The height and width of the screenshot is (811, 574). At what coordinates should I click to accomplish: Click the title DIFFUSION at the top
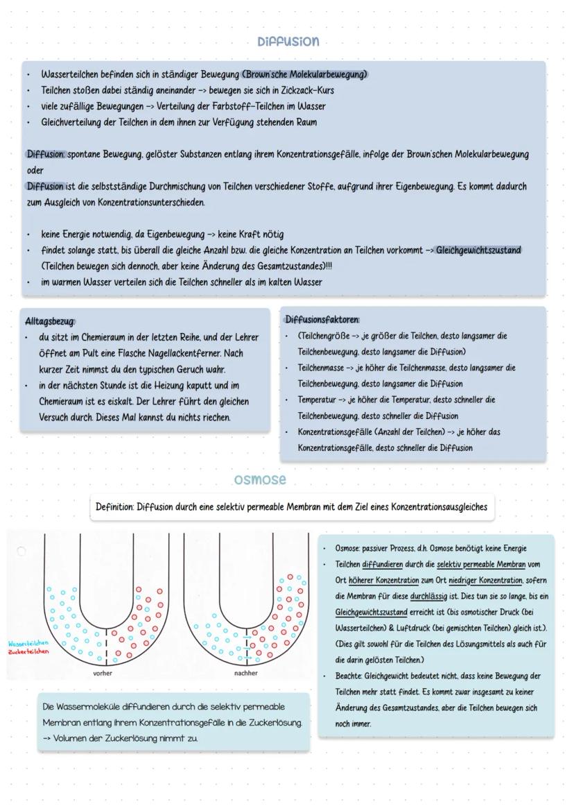coord(288,42)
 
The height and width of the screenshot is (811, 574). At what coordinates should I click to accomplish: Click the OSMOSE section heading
coord(260,480)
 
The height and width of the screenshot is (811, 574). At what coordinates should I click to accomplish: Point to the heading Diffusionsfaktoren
coord(322,320)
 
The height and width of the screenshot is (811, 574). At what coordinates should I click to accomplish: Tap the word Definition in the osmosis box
coord(114,507)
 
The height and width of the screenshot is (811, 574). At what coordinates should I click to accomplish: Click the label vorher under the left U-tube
coord(103,673)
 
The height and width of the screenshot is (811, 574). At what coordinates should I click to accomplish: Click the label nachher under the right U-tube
coord(245,673)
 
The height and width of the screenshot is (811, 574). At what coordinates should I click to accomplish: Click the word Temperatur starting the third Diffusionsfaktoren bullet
coord(318,400)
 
